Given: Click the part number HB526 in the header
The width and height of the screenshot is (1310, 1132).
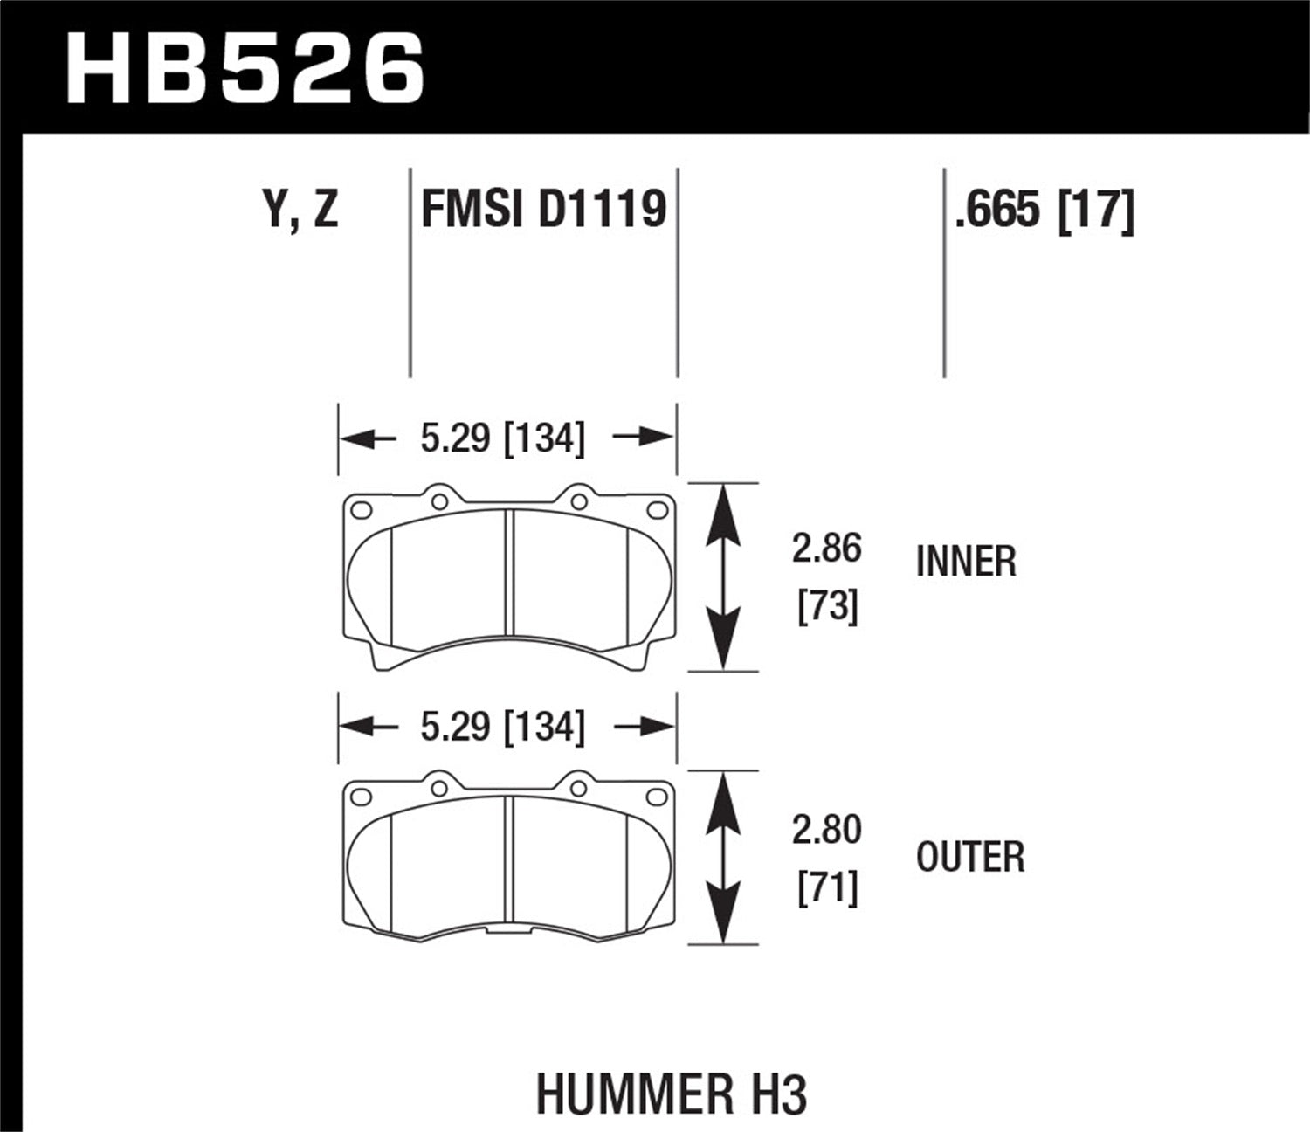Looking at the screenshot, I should tap(245, 69).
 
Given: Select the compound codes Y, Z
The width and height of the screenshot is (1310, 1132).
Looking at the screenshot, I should tap(300, 211).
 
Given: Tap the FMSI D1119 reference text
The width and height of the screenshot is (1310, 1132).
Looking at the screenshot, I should tap(543, 211).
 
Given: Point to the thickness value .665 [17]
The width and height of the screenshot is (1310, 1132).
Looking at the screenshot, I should tap(1045, 211).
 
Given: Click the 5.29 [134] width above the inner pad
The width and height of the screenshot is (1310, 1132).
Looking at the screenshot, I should tap(502, 438).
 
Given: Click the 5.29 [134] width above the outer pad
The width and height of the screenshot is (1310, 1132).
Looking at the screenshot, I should tap(502, 727).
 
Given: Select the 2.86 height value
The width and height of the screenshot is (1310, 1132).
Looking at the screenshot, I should tap(826, 549).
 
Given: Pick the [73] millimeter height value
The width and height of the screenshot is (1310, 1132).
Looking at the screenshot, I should tap(827, 605).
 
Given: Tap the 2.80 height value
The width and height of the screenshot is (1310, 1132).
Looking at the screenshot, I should tap(826, 830).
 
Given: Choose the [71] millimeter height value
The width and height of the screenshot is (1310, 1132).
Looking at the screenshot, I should tap(827, 887).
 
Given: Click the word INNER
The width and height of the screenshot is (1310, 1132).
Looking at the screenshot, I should tap(966, 562).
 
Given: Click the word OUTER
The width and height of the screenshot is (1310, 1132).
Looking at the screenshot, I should tap(970, 857).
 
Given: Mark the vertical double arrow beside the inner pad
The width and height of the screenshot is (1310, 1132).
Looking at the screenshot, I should tap(723, 577).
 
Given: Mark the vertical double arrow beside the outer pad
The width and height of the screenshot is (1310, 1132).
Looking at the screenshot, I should tap(723, 858).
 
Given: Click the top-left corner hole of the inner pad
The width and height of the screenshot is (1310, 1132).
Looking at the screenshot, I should tap(360, 510).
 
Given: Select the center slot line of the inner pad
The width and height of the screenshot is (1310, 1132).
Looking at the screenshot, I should tap(509, 574).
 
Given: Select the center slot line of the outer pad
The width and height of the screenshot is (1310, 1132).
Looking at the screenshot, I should tap(509, 860).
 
